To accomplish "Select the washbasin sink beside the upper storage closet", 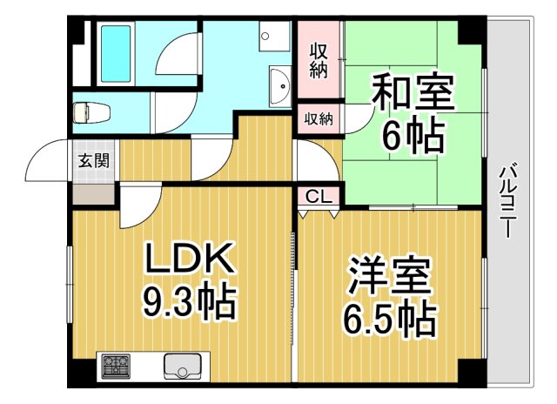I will (x=281, y=85).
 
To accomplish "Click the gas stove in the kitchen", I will (x=114, y=366).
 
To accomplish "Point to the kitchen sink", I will (x=183, y=366).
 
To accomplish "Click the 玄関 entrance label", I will (x=93, y=159).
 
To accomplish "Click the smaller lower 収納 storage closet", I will (x=319, y=119).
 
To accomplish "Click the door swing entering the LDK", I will (x=138, y=205).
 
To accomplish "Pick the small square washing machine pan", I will (x=277, y=37).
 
